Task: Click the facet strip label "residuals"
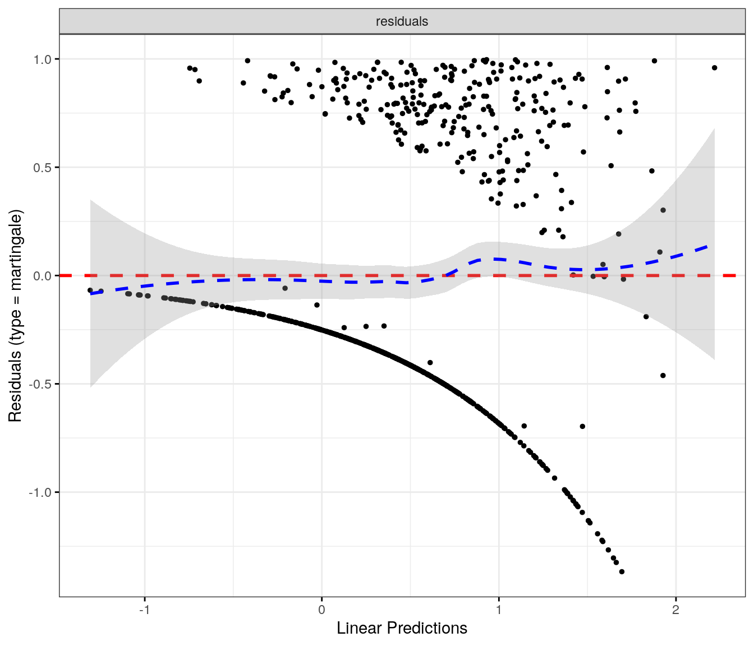click(402, 21)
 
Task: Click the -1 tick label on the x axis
click(144, 610)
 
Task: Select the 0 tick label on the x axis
click(321, 610)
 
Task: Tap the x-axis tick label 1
click(499, 610)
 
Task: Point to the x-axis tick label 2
click(675, 610)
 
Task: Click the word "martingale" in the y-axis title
click(15, 252)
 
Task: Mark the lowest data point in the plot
click(622, 571)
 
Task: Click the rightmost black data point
click(714, 68)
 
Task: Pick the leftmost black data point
click(90, 290)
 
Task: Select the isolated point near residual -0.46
click(663, 376)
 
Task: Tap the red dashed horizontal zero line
click(224, 275)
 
